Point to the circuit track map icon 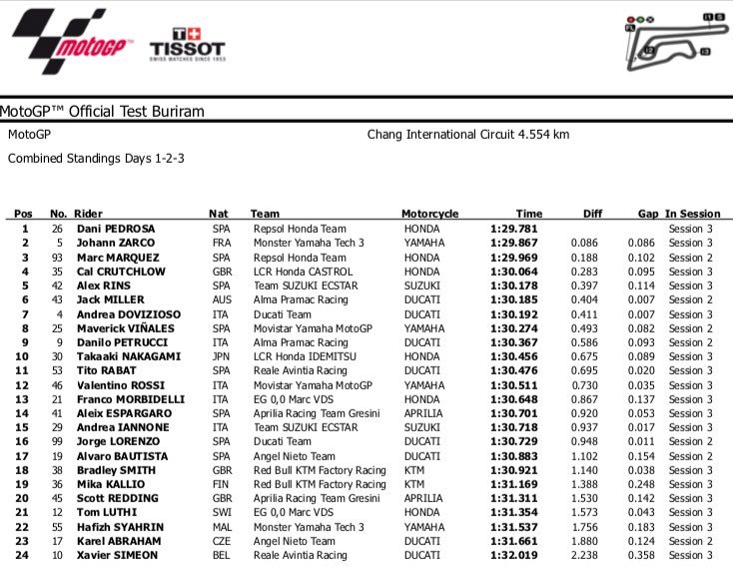pos(667,36)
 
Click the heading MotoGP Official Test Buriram pos(102,112)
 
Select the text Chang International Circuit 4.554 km pos(468,134)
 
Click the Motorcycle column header pos(429,214)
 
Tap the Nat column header pos(218,214)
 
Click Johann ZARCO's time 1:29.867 pos(515,243)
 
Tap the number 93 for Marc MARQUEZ pos(58,257)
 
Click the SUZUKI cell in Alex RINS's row pos(420,286)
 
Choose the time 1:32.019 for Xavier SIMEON pos(515,555)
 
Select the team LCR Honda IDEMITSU pos(302,356)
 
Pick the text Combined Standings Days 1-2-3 pos(96,159)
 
